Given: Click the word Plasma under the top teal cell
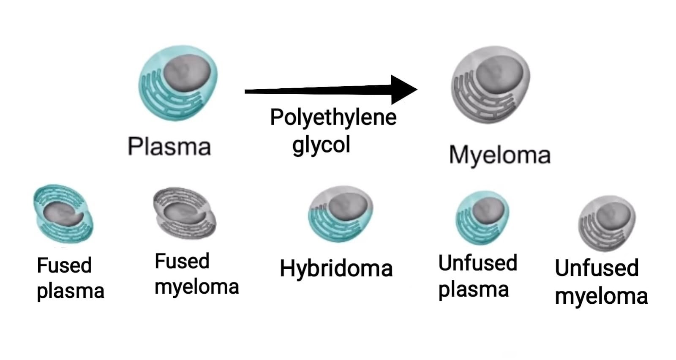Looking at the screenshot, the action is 169,147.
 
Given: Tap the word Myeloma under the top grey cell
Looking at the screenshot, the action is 499,155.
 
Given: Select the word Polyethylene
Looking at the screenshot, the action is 333,117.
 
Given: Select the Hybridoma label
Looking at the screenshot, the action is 336,269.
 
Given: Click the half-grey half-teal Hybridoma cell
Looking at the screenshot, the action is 341,214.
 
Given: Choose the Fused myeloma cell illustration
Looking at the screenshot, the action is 184,213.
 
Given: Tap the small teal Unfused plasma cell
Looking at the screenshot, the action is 482,217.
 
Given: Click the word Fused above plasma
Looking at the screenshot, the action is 64,265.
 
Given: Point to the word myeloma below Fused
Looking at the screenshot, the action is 197,287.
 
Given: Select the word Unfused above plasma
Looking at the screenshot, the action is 477,263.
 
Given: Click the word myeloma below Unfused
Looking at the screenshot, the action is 601,297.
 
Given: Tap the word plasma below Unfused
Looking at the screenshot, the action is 473,290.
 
